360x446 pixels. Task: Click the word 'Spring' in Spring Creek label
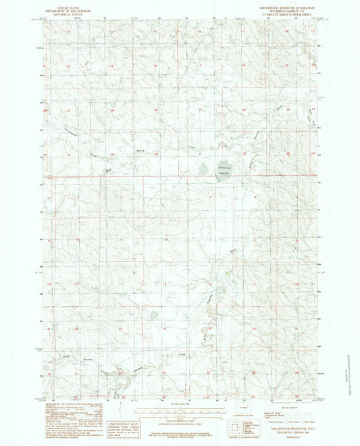[140, 150]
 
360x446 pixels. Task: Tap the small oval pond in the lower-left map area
[154, 314]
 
